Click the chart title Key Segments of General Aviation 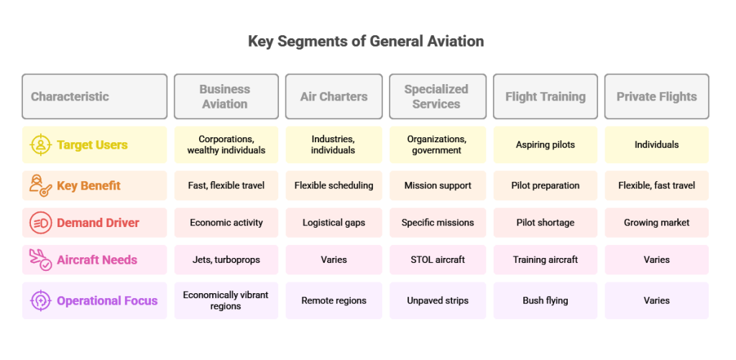(366, 41)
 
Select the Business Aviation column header (225, 96)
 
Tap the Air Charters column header (333, 96)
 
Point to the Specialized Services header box (436, 96)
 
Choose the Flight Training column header (546, 96)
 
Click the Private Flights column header (656, 96)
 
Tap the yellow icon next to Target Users (40, 145)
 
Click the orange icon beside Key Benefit (40, 185)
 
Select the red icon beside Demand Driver (40, 223)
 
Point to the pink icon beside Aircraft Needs (40, 260)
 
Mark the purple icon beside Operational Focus (40, 300)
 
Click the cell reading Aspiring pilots (546, 145)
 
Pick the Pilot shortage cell (546, 223)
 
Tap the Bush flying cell (546, 300)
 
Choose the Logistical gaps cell (333, 223)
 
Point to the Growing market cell (656, 223)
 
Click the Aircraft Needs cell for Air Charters (333, 260)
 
